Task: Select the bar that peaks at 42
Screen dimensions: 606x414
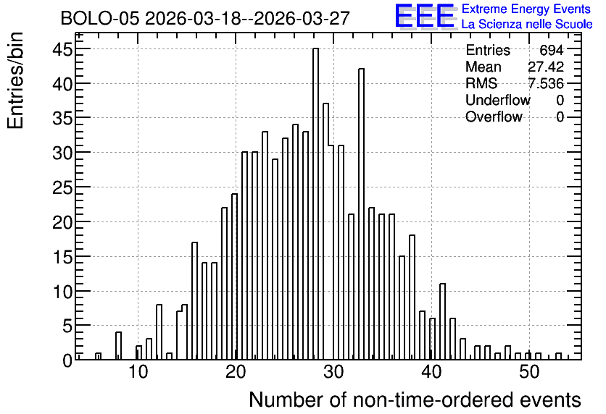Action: click(362, 214)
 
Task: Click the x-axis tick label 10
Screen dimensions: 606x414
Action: click(138, 373)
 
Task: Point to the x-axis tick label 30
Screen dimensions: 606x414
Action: click(333, 373)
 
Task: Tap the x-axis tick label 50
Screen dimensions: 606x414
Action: click(529, 373)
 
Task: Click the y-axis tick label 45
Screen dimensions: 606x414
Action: click(62, 49)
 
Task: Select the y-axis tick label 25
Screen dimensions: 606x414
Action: click(62, 188)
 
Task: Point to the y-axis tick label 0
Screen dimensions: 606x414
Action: click(67, 360)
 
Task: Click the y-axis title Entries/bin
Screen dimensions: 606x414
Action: click(15, 80)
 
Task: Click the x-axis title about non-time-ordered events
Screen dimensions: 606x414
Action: click(415, 400)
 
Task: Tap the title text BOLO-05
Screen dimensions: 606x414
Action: click(99, 19)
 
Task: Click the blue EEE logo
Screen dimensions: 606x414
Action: click(425, 16)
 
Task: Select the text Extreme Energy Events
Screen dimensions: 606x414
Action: click(526, 9)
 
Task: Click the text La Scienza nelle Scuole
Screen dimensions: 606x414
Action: click(527, 25)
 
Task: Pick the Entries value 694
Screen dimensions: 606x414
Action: click(552, 50)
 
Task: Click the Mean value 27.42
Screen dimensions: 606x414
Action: click(546, 67)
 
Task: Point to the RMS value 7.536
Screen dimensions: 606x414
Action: click(546, 83)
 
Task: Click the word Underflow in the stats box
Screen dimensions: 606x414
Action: click(498, 100)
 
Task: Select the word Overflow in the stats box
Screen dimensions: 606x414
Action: click(494, 117)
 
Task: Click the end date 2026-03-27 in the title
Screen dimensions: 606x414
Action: click(302, 19)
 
